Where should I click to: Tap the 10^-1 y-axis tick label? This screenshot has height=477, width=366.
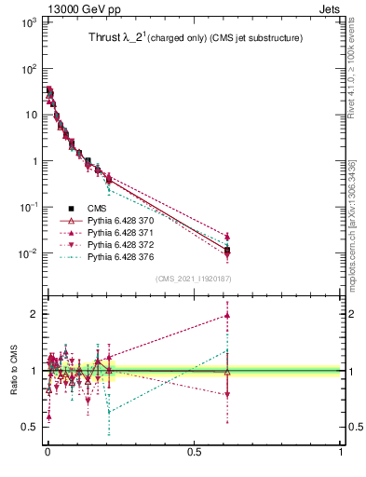point(24,207)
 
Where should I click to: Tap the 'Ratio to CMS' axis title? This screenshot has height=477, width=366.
point(13,371)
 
